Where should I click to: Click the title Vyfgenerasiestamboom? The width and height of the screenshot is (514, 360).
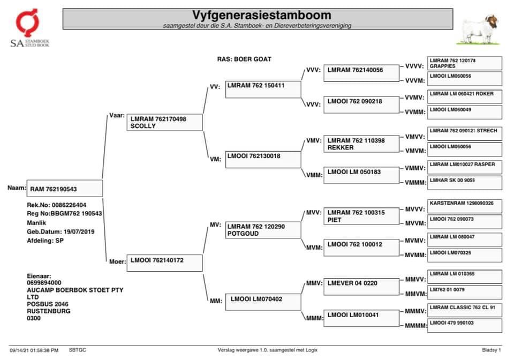pyautogui.click(x=262, y=14)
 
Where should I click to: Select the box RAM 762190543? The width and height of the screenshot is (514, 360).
pyautogui.click(x=64, y=189)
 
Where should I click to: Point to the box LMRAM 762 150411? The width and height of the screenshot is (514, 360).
pyautogui.click(x=263, y=89)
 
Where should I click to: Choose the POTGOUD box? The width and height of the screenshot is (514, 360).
pyautogui.click(x=263, y=230)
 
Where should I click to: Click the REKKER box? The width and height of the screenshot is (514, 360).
pyautogui.click(x=361, y=144)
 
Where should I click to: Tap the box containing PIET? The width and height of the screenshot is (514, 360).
pyautogui.click(x=361, y=216)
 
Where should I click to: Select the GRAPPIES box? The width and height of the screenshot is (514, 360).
pyautogui.click(x=465, y=63)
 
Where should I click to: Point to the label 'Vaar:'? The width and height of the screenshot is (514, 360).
pyautogui.click(x=117, y=115)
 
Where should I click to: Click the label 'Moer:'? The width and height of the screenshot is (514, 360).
pyautogui.click(x=117, y=261)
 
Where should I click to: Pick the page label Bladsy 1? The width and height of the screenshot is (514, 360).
pyautogui.click(x=491, y=350)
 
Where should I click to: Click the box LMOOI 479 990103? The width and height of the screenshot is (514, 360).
pyautogui.click(x=465, y=326)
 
